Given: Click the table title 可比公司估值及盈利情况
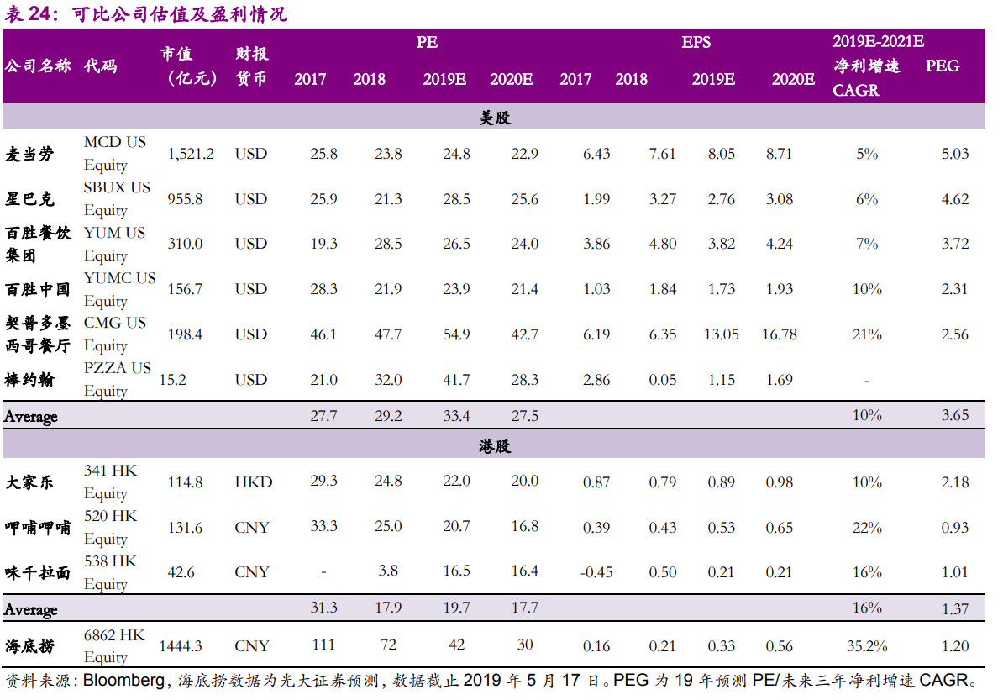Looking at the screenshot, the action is [x=180, y=13].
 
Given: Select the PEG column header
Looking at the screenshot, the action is [x=943, y=66].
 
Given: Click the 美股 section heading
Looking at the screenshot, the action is [x=495, y=118].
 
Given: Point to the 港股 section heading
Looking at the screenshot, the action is [x=495, y=446].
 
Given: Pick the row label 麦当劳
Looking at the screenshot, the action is [x=29, y=155].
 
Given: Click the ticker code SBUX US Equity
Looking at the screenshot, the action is [x=117, y=198].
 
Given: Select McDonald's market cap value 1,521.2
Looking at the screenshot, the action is [x=191, y=155].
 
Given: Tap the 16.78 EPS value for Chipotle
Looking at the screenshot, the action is [x=779, y=334].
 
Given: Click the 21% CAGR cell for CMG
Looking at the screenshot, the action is [x=867, y=334].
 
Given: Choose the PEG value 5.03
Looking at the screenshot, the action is [x=955, y=155].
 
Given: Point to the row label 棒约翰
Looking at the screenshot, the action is [x=29, y=380].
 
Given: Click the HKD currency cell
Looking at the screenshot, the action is [x=254, y=482].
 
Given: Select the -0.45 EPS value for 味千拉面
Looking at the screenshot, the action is [x=596, y=572].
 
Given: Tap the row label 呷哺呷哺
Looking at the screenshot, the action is [x=38, y=528].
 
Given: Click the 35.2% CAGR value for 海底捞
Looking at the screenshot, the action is [x=867, y=646].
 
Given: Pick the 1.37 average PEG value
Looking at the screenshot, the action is [x=955, y=609].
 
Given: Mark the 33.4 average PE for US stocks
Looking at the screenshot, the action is [x=457, y=416].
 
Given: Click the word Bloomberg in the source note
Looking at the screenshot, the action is [x=123, y=680].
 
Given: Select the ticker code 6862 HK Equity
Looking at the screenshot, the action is [x=114, y=646].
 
